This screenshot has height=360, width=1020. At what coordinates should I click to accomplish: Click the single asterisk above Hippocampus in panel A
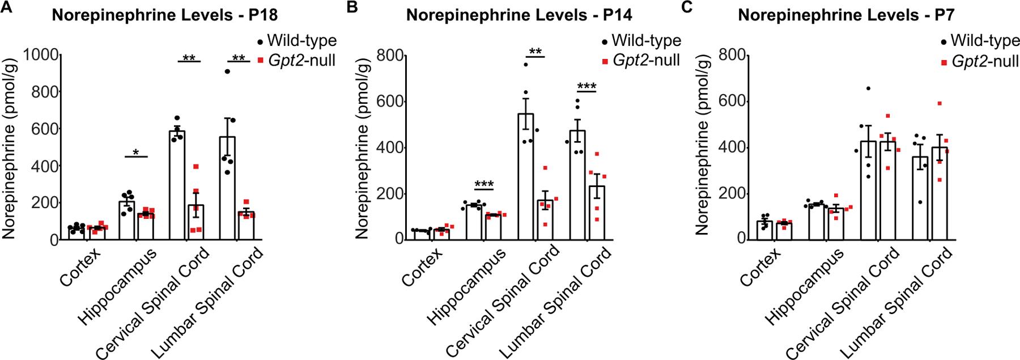[x=135, y=151]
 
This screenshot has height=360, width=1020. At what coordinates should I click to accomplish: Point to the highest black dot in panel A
[x=227, y=71]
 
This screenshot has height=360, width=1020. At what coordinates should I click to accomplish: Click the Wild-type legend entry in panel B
[x=640, y=41]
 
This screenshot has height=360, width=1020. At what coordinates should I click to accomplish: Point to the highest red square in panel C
[x=939, y=103]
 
